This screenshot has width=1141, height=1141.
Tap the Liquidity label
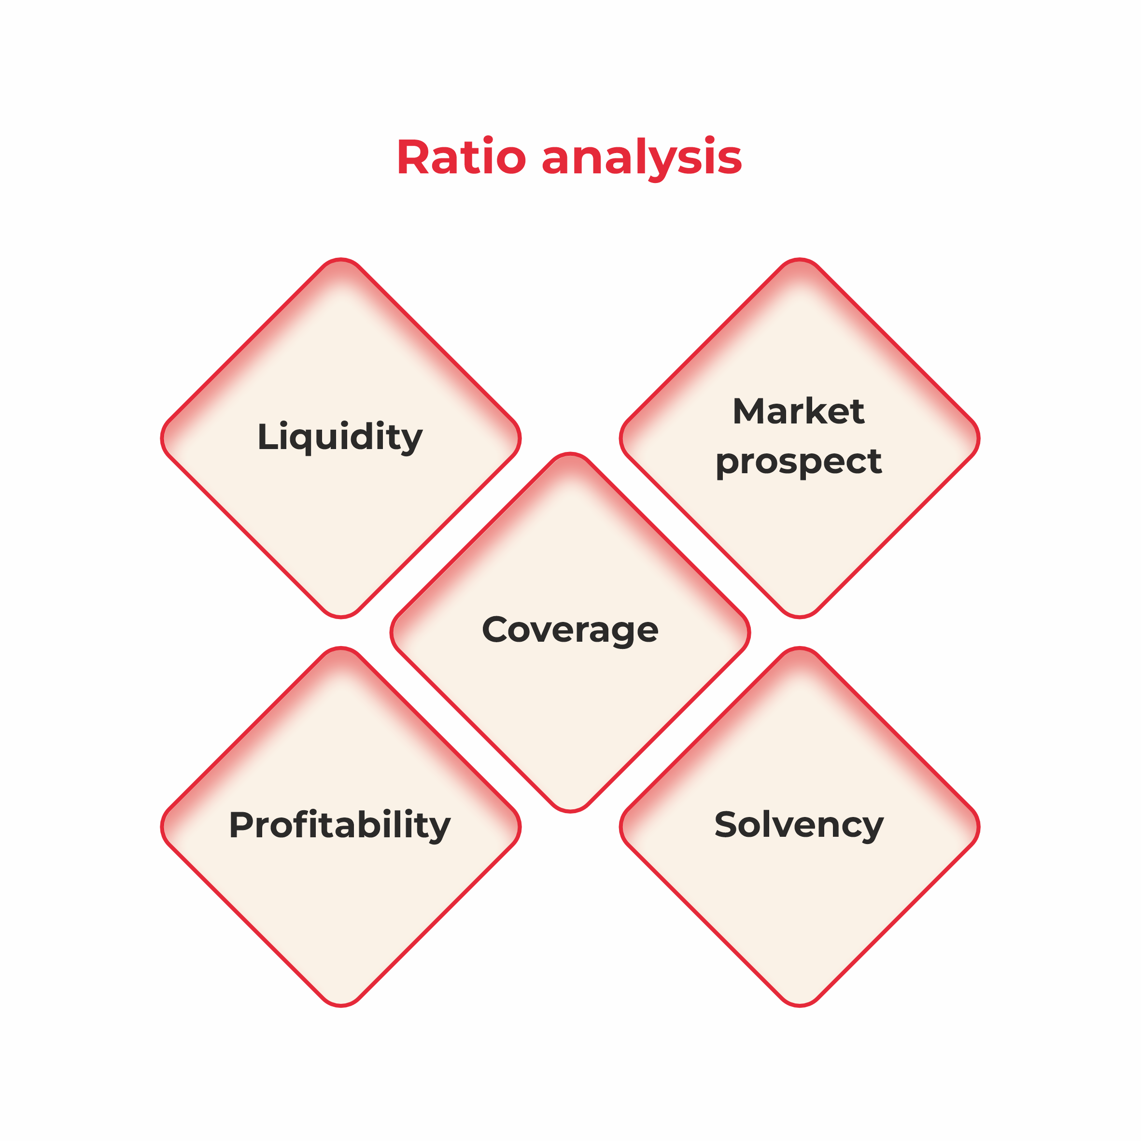(x=340, y=437)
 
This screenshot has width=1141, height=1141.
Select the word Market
(x=799, y=411)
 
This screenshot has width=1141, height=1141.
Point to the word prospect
(x=799, y=462)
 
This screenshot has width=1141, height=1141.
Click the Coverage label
(x=570, y=630)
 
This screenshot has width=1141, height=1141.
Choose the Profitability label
(x=340, y=825)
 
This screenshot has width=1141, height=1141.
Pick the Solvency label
(x=799, y=825)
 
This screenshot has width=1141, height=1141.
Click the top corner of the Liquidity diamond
(x=341, y=259)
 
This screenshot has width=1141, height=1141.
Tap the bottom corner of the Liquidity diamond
(x=341, y=618)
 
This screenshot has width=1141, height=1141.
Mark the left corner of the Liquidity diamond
(x=161, y=438)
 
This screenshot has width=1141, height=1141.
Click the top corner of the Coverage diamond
(x=570, y=453)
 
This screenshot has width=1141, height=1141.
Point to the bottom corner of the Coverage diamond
(x=570, y=812)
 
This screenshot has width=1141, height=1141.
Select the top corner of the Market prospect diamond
(x=800, y=259)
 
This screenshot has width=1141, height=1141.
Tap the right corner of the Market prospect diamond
(x=979, y=438)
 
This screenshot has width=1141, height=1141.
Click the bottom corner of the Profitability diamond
(x=341, y=1006)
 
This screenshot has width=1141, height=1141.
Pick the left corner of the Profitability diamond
(x=161, y=827)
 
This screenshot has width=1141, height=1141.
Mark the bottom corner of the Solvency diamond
(x=800, y=1006)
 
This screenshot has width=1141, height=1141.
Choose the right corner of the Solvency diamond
(x=979, y=827)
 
